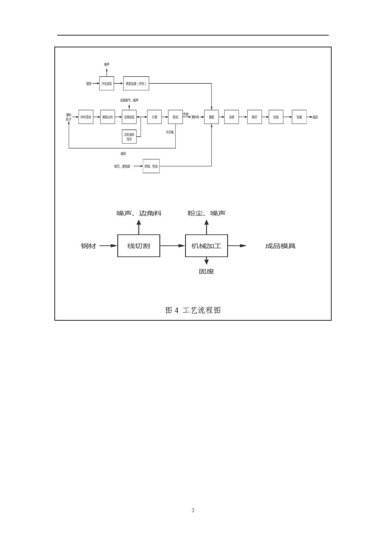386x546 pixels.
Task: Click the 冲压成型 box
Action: pos(106,83)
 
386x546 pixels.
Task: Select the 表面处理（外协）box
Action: pos(136,83)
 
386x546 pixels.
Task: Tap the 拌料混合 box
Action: pos(86,117)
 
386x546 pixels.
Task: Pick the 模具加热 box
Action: pos(108,117)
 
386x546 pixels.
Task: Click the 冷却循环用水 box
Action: pos(129,137)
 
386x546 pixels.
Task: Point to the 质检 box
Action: pos(175,117)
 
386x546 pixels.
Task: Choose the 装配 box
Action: pos(212,117)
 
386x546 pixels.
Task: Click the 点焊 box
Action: pos(231,117)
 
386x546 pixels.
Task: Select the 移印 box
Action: pos(254,117)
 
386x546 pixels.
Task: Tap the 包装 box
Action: pos(299,117)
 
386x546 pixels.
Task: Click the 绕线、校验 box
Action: pos(151,166)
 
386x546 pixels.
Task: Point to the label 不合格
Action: pos(170,132)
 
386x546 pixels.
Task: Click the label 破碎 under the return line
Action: pos(123,153)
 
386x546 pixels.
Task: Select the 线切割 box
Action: pos(139,246)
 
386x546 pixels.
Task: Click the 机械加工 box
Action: pos(207,246)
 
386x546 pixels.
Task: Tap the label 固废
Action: pos(207,271)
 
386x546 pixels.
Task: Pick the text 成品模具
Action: pos(280,246)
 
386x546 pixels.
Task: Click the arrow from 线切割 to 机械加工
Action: pos(173,246)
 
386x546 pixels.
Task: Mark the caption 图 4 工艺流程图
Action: pos(193,310)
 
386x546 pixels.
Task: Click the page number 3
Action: pos(193,510)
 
